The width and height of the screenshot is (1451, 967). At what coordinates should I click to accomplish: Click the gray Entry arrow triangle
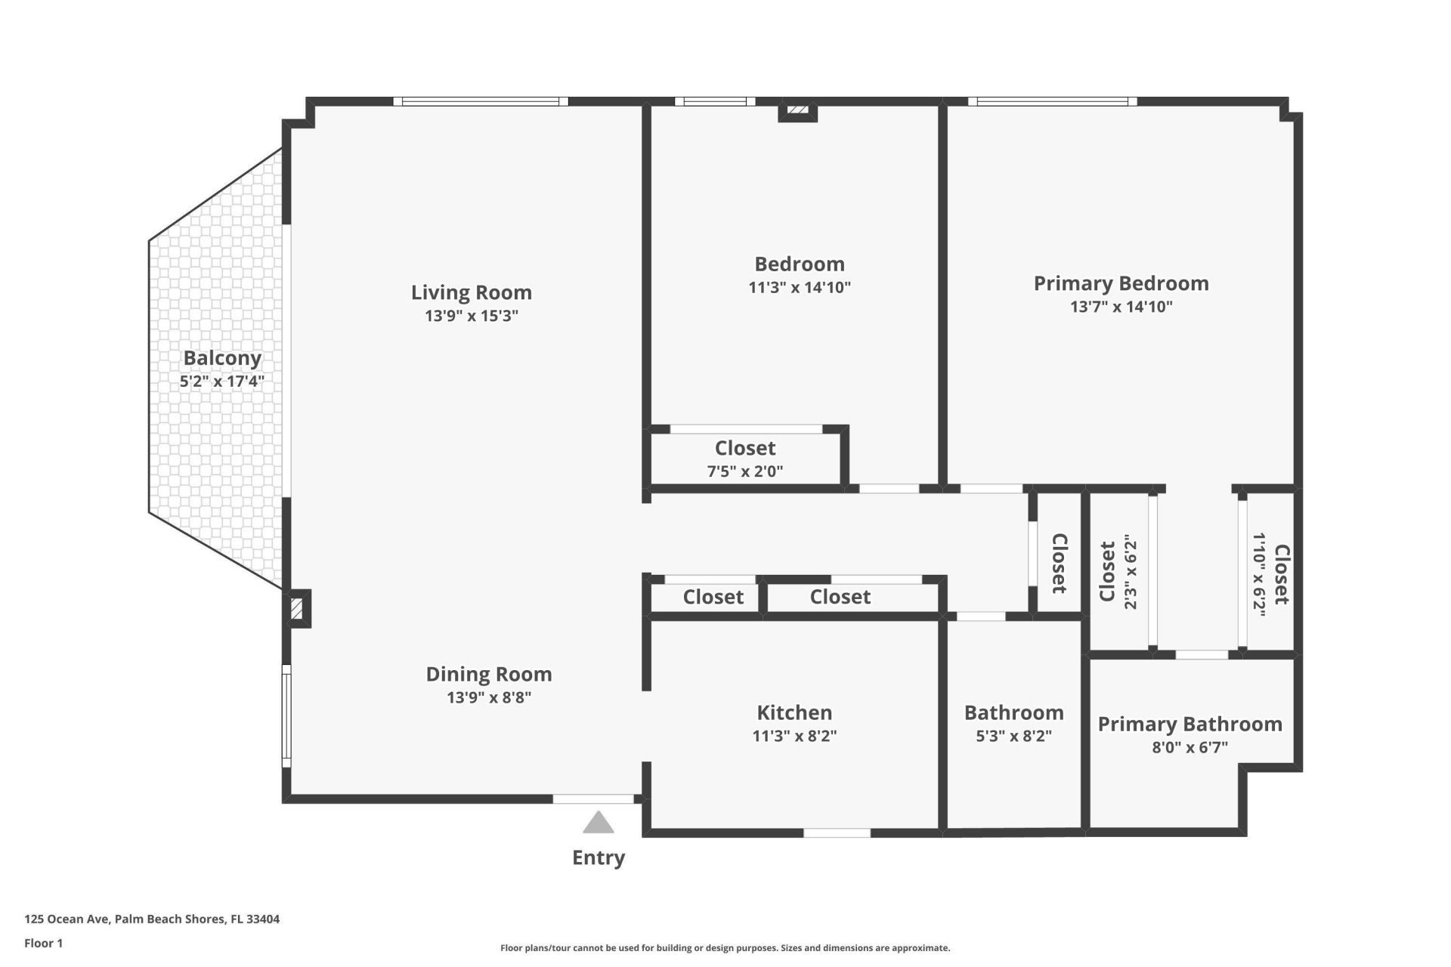click(599, 823)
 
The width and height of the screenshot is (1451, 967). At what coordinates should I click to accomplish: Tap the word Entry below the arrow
click(599, 857)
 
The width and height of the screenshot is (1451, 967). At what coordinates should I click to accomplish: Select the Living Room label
click(472, 292)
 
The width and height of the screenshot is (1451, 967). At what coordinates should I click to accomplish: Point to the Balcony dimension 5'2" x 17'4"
click(221, 382)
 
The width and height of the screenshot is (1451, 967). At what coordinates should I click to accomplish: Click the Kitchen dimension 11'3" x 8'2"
click(794, 736)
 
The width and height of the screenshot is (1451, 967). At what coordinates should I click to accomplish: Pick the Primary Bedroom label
click(1121, 283)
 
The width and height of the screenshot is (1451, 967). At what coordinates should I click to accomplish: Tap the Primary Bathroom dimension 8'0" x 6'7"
click(1190, 748)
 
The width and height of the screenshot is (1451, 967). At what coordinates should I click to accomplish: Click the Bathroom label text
click(1013, 712)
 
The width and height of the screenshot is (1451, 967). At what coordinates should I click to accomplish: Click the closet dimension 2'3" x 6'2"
click(1130, 572)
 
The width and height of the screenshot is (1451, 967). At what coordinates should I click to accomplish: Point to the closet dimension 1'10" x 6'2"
click(1259, 575)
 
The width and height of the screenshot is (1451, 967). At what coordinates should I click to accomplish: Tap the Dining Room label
click(489, 674)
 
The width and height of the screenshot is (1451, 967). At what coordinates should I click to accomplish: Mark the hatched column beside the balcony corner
click(297, 609)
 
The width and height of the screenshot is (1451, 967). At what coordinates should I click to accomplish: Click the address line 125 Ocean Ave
click(152, 919)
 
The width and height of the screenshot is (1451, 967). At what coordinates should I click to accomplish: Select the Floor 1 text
click(43, 943)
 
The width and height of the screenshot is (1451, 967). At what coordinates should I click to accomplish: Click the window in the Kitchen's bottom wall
click(837, 833)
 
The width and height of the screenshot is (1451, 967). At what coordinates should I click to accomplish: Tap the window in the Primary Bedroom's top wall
click(1052, 101)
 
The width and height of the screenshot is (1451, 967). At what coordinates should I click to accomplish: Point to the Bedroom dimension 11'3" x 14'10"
click(800, 287)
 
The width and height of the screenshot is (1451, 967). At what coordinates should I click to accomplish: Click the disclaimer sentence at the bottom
click(725, 948)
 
